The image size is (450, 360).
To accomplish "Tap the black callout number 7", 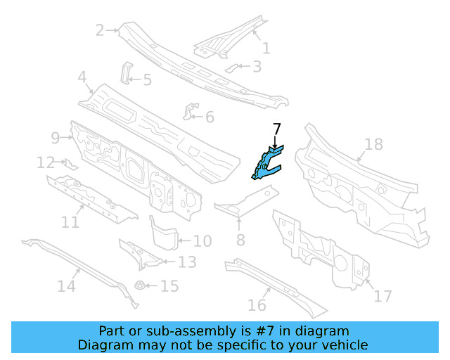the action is coord(277,129).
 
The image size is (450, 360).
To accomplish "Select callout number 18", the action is coord(374,144).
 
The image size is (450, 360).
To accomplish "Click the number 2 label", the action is coord(99,30).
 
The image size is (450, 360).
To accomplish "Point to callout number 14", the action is coord(66,286).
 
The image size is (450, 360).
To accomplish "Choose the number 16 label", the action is coord(257,304).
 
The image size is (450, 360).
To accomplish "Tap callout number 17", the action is coord(382,296).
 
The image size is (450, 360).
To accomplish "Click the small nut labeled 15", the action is coord(139,287).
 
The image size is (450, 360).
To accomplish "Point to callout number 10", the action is coord(202,242).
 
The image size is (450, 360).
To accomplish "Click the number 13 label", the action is coord(187,263).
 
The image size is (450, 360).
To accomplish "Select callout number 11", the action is coord(70,222).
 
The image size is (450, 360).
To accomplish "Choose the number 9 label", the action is coord(55,137).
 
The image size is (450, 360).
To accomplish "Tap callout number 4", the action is coord(82,77).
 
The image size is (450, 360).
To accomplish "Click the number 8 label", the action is coord(240,241).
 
